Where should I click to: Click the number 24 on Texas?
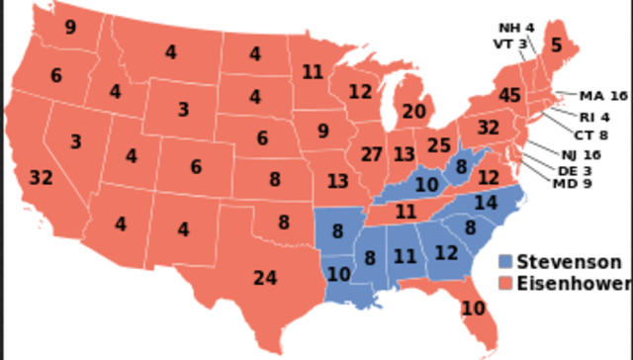(264, 278)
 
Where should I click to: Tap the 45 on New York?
(510, 96)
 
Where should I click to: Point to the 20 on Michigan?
(415, 112)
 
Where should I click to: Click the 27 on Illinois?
(372, 154)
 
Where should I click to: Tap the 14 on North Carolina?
(487, 203)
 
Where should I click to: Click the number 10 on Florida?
(474, 309)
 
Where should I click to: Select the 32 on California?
(41, 178)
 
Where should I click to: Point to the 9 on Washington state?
(70, 28)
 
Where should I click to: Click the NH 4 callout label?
(515, 27)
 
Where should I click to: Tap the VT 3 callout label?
(509, 44)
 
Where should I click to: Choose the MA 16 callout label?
(603, 96)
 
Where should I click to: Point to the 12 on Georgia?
(447, 253)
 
